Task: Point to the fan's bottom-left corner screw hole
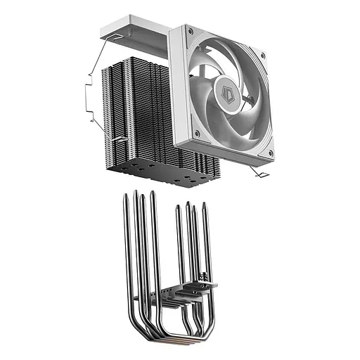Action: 199,132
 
